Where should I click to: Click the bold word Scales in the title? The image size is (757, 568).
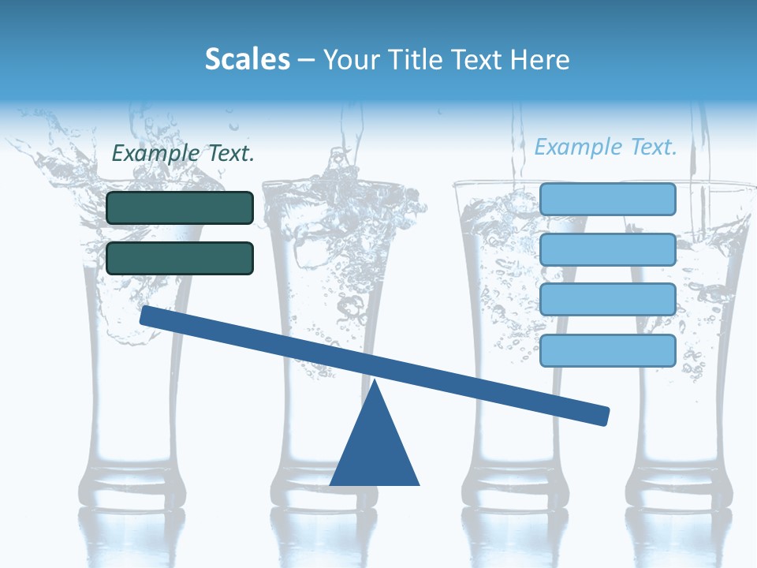(248, 59)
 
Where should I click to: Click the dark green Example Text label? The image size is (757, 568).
(183, 153)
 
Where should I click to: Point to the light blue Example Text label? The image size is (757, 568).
(606, 147)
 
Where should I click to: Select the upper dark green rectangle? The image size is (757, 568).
(180, 207)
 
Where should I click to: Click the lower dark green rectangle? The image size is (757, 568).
(180, 258)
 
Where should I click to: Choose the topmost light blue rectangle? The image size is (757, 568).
(608, 199)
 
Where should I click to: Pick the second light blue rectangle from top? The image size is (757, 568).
(608, 249)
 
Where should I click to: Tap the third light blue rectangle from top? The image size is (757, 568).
(608, 300)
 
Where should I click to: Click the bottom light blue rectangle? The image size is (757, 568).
(608, 350)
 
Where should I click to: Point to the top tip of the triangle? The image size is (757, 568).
(375, 381)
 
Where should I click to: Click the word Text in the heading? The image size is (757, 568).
(475, 59)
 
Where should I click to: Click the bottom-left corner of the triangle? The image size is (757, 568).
(331, 484)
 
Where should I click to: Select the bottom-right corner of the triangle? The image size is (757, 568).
(419, 484)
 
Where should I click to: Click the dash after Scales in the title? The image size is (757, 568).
(306, 60)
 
